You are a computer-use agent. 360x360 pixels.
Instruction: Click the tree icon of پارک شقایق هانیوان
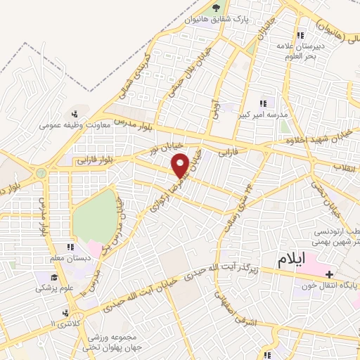[216, 8]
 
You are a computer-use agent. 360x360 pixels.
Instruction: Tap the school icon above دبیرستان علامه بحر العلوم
[300, 36]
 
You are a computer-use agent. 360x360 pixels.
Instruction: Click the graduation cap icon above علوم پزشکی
[47, 276]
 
